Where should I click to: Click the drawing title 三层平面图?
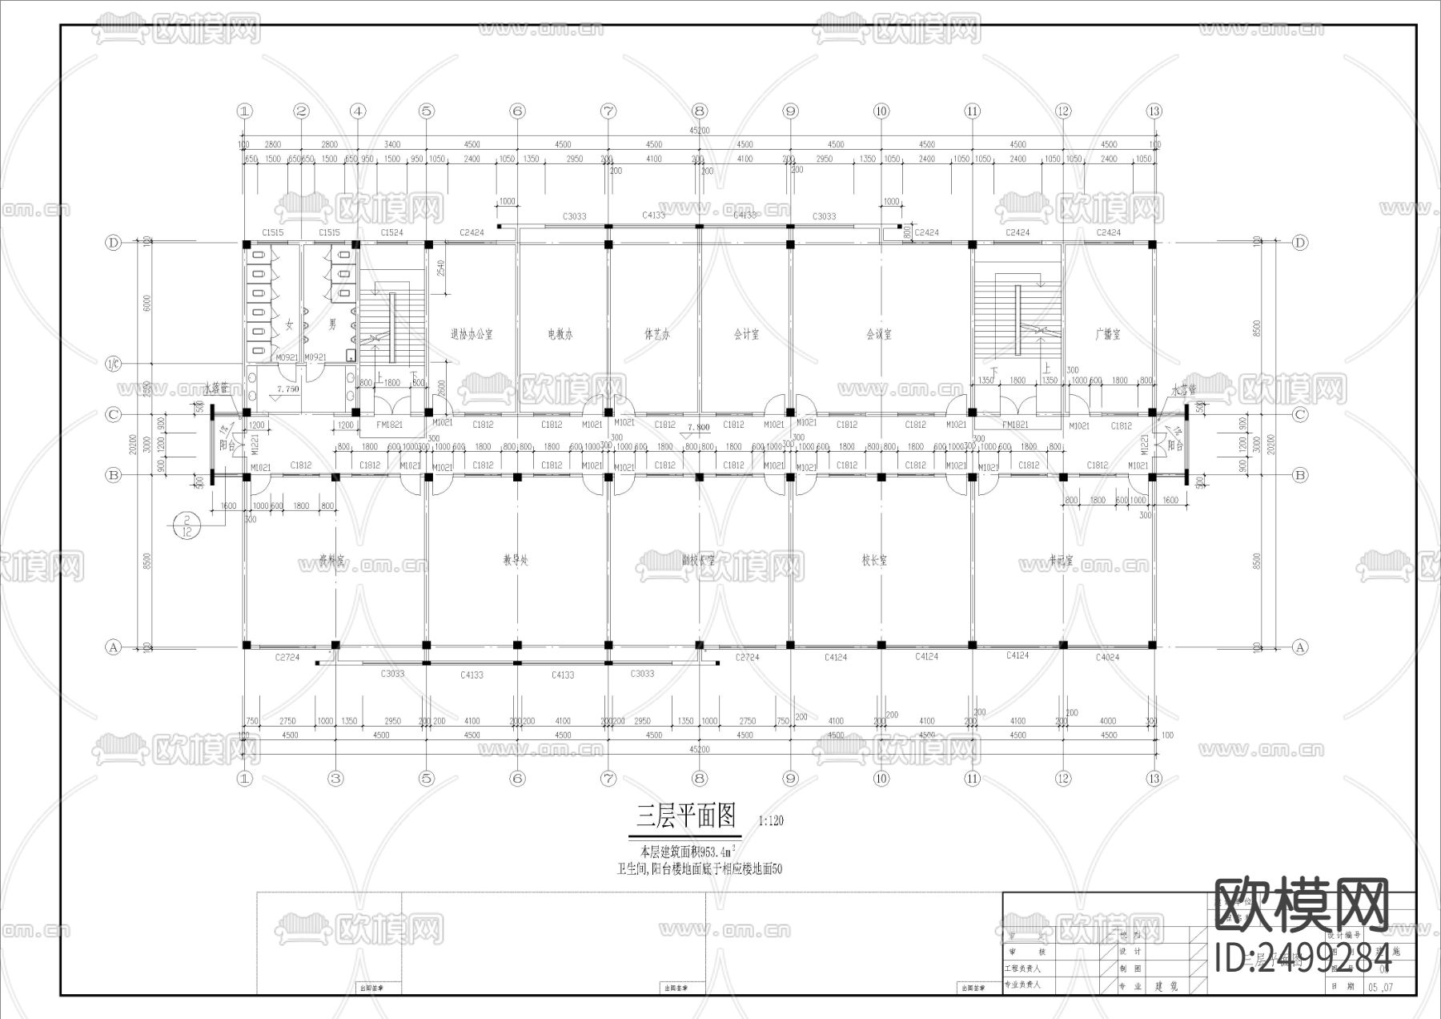click(x=686, y=816)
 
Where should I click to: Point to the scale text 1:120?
click(x=770, y=820)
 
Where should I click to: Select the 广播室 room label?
click(x=1108, y=335)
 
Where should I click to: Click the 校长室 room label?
click(x=874, y=561)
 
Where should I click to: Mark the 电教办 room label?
click(x=560, y=335)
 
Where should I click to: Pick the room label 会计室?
click(x=746, y=335)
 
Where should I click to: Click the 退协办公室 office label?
click(x=472, y=335)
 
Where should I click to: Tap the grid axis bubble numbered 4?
click(x=358, y=111)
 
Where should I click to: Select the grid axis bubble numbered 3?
click(x=335, y=778)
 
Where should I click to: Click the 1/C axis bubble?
click(x=113, y=365)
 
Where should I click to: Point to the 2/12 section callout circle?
click(x=186, y=525)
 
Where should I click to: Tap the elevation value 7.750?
click(x=287, y=389)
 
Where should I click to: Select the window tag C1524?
click(x=391, y=232)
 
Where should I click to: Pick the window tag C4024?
click(x=1107, y=658)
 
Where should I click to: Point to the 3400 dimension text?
click(x=391, y=145)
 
